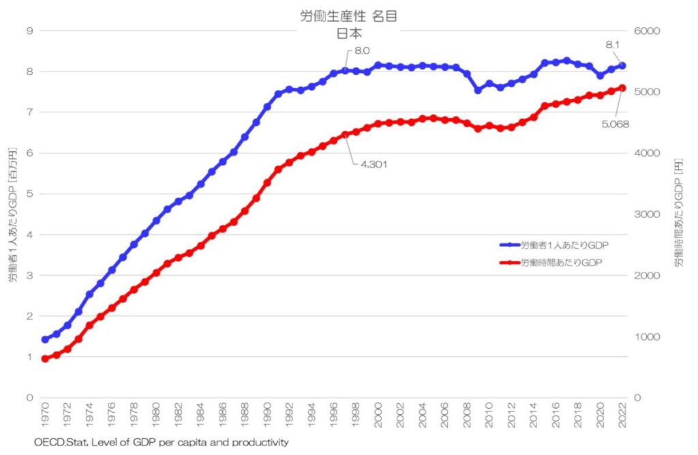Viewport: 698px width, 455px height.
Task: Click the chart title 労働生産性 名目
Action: click(348, 16)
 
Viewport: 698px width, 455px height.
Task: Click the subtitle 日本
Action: click(348, 32)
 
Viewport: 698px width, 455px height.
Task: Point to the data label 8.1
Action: click(613, 45)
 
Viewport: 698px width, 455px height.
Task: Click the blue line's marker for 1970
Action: click(46, 339)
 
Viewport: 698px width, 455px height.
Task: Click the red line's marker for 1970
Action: click(46, 358)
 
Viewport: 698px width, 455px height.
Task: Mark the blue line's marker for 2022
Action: click(622, 66)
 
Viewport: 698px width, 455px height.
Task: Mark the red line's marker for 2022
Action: click(622, 88)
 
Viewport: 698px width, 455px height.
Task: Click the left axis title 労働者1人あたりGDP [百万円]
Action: click(12, 215)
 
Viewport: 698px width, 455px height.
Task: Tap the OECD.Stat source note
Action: click(162, 442)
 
